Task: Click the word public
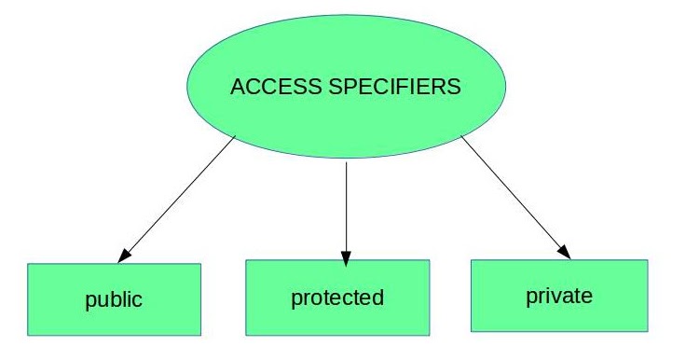114,300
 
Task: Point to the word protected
337,298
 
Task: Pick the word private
559,296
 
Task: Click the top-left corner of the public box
29,265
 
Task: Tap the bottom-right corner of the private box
647,330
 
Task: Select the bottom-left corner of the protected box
246,333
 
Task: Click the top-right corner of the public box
200,265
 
